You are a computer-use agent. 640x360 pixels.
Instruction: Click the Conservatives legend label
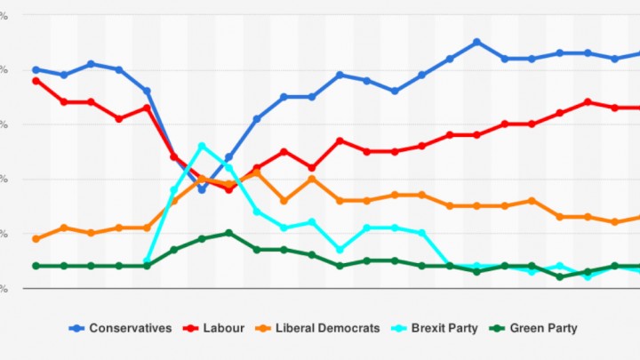(x=131, y=328)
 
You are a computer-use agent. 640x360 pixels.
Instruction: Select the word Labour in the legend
(x=223, y=328)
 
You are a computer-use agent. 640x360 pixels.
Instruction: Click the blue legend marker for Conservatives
(x=76, y=328)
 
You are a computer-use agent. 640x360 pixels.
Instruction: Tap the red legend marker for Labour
(x=189, y=328)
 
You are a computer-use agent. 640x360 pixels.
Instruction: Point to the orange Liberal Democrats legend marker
(x=268, y=328)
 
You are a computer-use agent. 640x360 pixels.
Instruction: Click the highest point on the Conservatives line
(x=477, y=42)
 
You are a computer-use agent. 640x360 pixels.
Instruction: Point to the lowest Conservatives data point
(x=202, y=189)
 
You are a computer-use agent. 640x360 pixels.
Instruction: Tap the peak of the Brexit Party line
(x=202, y=146)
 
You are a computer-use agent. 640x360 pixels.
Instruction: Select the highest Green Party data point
(x=229, y=233)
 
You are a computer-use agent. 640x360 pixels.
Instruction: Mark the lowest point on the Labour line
(x=229, y=189)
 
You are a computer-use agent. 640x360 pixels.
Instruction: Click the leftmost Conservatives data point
(x=36, y=69)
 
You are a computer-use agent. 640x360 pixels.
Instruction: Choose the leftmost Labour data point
(x=36, y=80)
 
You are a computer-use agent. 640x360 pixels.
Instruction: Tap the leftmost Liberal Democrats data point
(x=36, y=238)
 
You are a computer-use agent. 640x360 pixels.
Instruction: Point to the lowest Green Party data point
(x=560, y=276)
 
